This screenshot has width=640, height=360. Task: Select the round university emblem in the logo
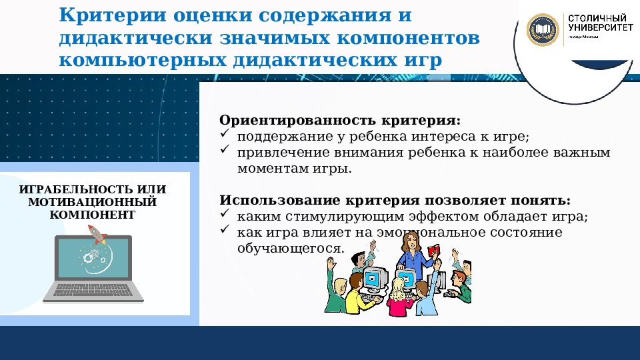pos(543,30)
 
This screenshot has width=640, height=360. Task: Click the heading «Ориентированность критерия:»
pos(340,122)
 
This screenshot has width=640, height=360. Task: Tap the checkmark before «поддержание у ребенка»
pos(225,136)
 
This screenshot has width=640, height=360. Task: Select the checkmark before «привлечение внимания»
pos(225,152)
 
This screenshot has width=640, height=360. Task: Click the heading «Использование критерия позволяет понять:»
pos(395,201)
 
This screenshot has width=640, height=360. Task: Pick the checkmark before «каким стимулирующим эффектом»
pos(225,215)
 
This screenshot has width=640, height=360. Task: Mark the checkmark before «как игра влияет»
pos(225,231)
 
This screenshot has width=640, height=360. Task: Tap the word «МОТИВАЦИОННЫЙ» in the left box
pos(93,201)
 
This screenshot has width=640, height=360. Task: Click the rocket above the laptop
pos(97,233)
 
